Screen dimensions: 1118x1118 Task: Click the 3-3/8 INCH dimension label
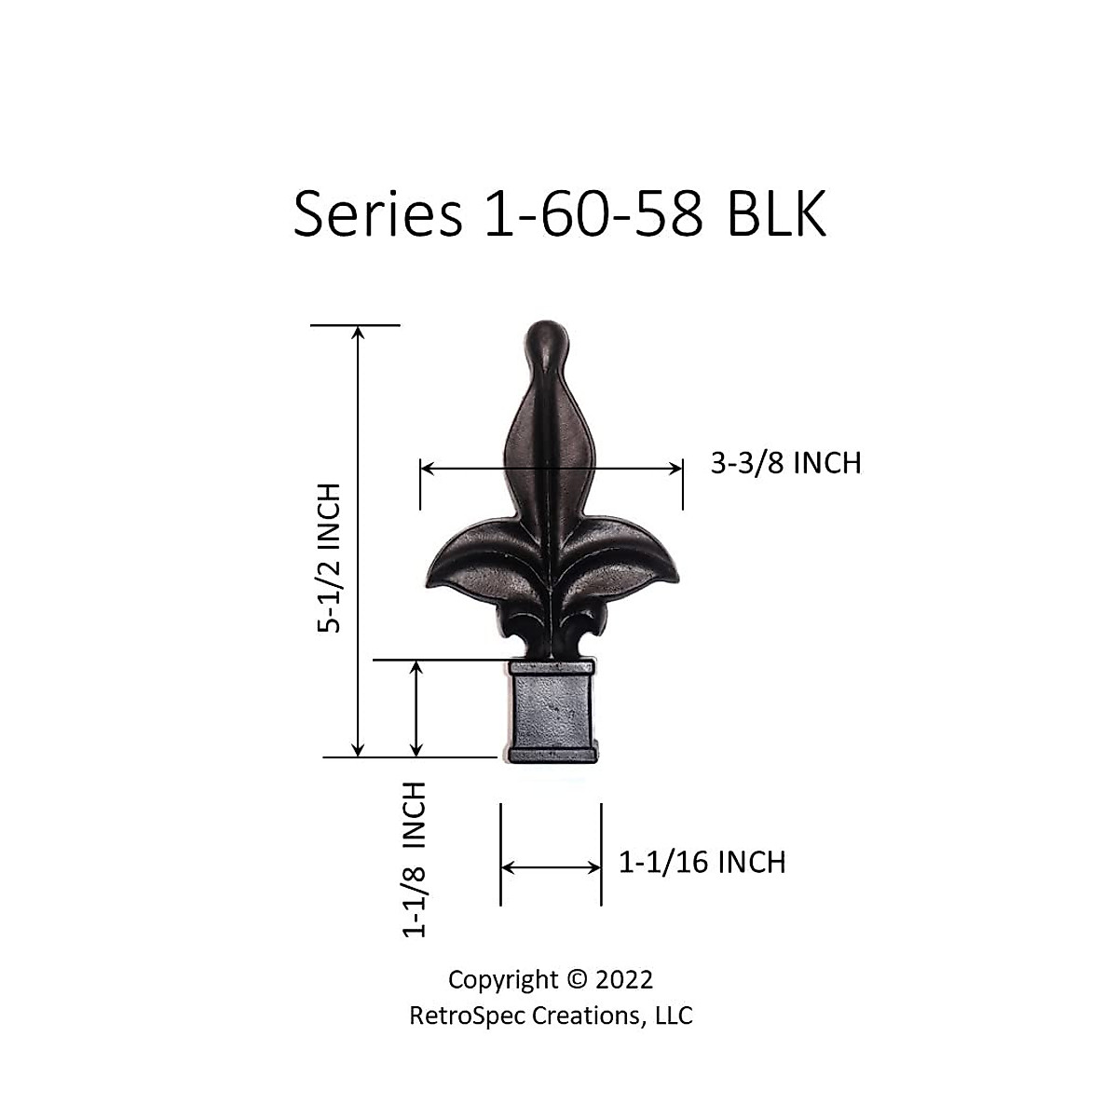coord(785,463)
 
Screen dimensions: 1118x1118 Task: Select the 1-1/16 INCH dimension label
coord(702,863)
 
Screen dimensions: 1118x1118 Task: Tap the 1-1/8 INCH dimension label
coord(414,859)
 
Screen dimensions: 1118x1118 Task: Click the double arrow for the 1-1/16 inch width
coord(551,867)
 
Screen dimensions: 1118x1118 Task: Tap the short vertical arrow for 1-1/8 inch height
coord(416,708)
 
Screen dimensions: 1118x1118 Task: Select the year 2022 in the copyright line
coord(623,980)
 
